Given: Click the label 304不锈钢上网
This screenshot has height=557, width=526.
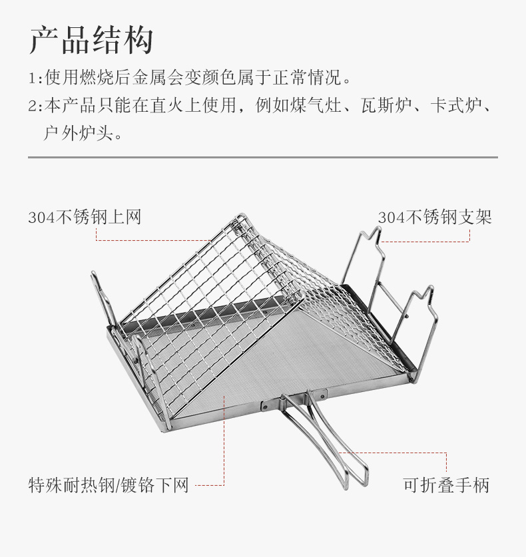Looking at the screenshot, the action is (x=85, y=217).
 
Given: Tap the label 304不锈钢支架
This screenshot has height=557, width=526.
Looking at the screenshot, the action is (x=435, y=217).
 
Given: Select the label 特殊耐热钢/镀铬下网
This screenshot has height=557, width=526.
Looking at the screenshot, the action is (x=109, y=485).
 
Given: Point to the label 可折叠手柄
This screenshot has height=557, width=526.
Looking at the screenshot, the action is (x=446, y=485).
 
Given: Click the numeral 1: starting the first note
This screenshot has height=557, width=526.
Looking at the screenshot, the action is (x=35, y=79).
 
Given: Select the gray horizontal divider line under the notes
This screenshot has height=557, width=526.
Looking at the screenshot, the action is (x=263, y=158).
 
